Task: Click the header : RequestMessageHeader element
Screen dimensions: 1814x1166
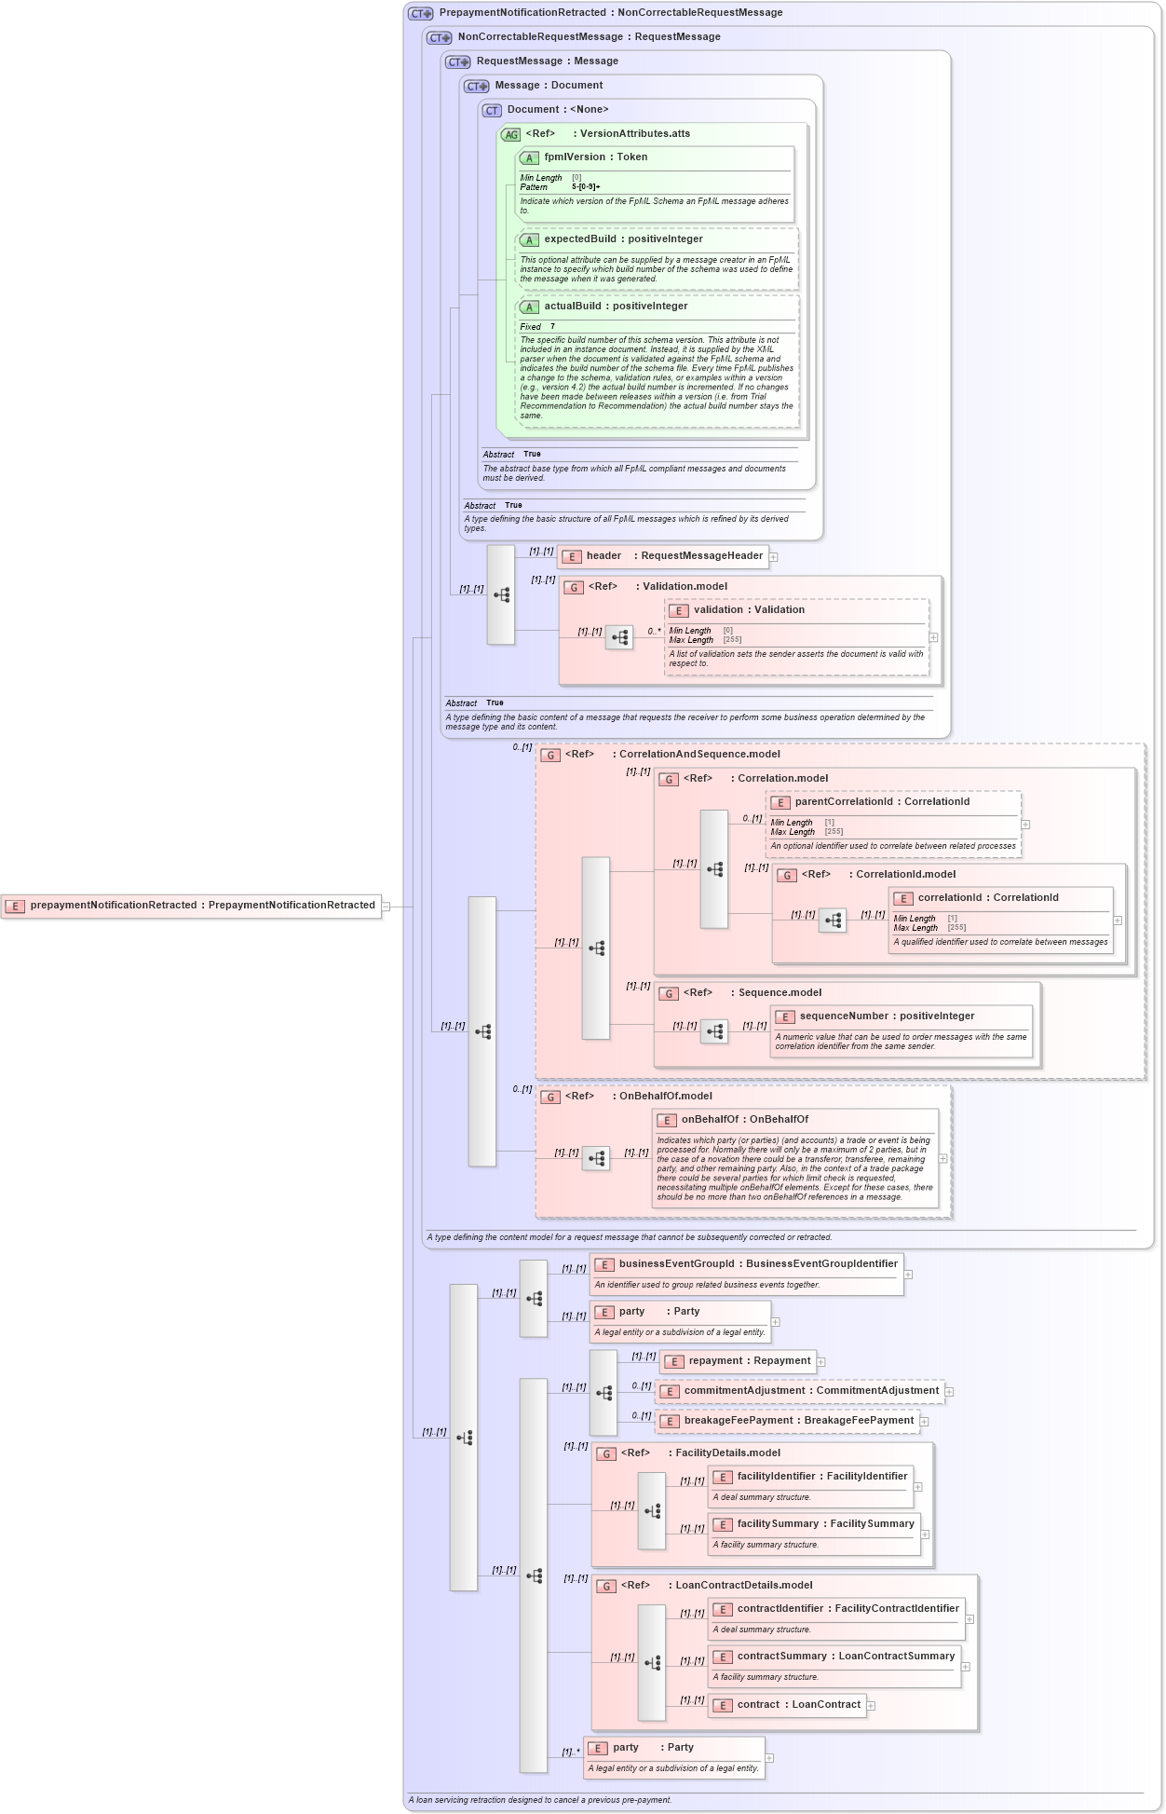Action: coord(673,556)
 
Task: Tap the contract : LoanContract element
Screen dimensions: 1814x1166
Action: coord(798,1705)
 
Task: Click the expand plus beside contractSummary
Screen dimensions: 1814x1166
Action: coord(965,1667)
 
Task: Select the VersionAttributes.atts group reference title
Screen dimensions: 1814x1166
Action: coord(634,134)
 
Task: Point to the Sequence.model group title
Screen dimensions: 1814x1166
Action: coord(780,993)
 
